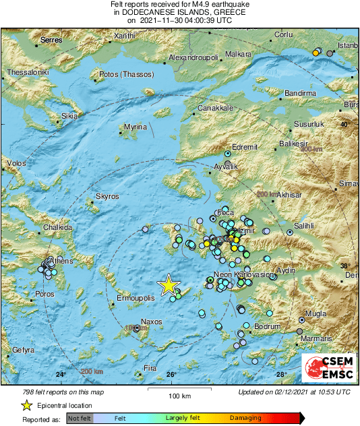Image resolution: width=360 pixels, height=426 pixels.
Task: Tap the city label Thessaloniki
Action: (x=28, y=72)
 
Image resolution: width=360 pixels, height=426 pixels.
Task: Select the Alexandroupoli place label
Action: (x=194, y=58)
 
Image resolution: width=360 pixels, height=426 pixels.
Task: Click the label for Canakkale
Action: (x=215, y=108)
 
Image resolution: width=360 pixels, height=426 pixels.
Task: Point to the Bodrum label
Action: (x=266, y=327)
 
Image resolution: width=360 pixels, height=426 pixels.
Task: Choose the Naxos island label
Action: (x=151, y=322)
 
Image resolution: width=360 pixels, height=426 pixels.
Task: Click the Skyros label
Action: (x=107, y=196)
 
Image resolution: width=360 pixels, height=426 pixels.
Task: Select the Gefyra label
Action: (x=23, y=351)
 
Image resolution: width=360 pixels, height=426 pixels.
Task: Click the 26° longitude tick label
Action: (x=171, y=375)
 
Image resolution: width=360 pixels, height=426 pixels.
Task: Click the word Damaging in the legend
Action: (x=246, y=419)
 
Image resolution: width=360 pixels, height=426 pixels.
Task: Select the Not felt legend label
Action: (x=79, y=419)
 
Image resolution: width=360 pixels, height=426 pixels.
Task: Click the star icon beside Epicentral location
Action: (x=26, y=405)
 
